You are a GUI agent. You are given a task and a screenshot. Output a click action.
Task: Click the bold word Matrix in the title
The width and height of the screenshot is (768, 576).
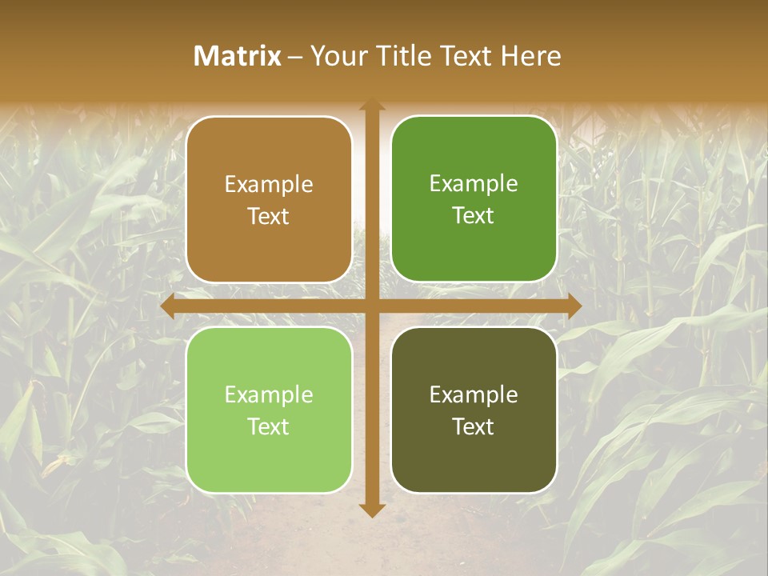(238, 56)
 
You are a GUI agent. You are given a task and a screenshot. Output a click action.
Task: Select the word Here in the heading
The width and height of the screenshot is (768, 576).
(530, 56)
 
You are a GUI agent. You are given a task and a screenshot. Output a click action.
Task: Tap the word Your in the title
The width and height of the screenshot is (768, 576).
(337, 56)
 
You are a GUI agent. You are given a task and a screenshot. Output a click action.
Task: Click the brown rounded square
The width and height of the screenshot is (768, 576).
(269, 199)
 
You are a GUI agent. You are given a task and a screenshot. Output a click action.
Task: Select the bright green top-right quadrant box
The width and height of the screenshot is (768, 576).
(474, 199)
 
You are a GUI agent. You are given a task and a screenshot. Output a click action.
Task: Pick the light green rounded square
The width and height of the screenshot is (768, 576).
(269, 410)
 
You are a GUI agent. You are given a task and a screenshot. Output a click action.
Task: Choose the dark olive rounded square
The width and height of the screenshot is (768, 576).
(474, 410)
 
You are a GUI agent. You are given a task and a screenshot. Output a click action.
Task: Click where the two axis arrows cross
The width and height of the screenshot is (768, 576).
(371, 306)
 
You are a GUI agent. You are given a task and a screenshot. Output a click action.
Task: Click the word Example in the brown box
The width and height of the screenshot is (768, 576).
(269, 185)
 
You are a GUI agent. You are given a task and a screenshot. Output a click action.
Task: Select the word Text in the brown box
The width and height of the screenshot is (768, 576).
(269, 217)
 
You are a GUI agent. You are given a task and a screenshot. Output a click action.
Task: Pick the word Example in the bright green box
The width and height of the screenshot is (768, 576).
(474, 184)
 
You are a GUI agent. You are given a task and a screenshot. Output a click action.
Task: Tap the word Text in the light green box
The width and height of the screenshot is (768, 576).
(269, 426)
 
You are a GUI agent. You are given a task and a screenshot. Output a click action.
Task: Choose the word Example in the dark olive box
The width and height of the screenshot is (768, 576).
(474, 394)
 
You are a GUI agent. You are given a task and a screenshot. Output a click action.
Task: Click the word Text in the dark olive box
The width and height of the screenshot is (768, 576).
(474, 426)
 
